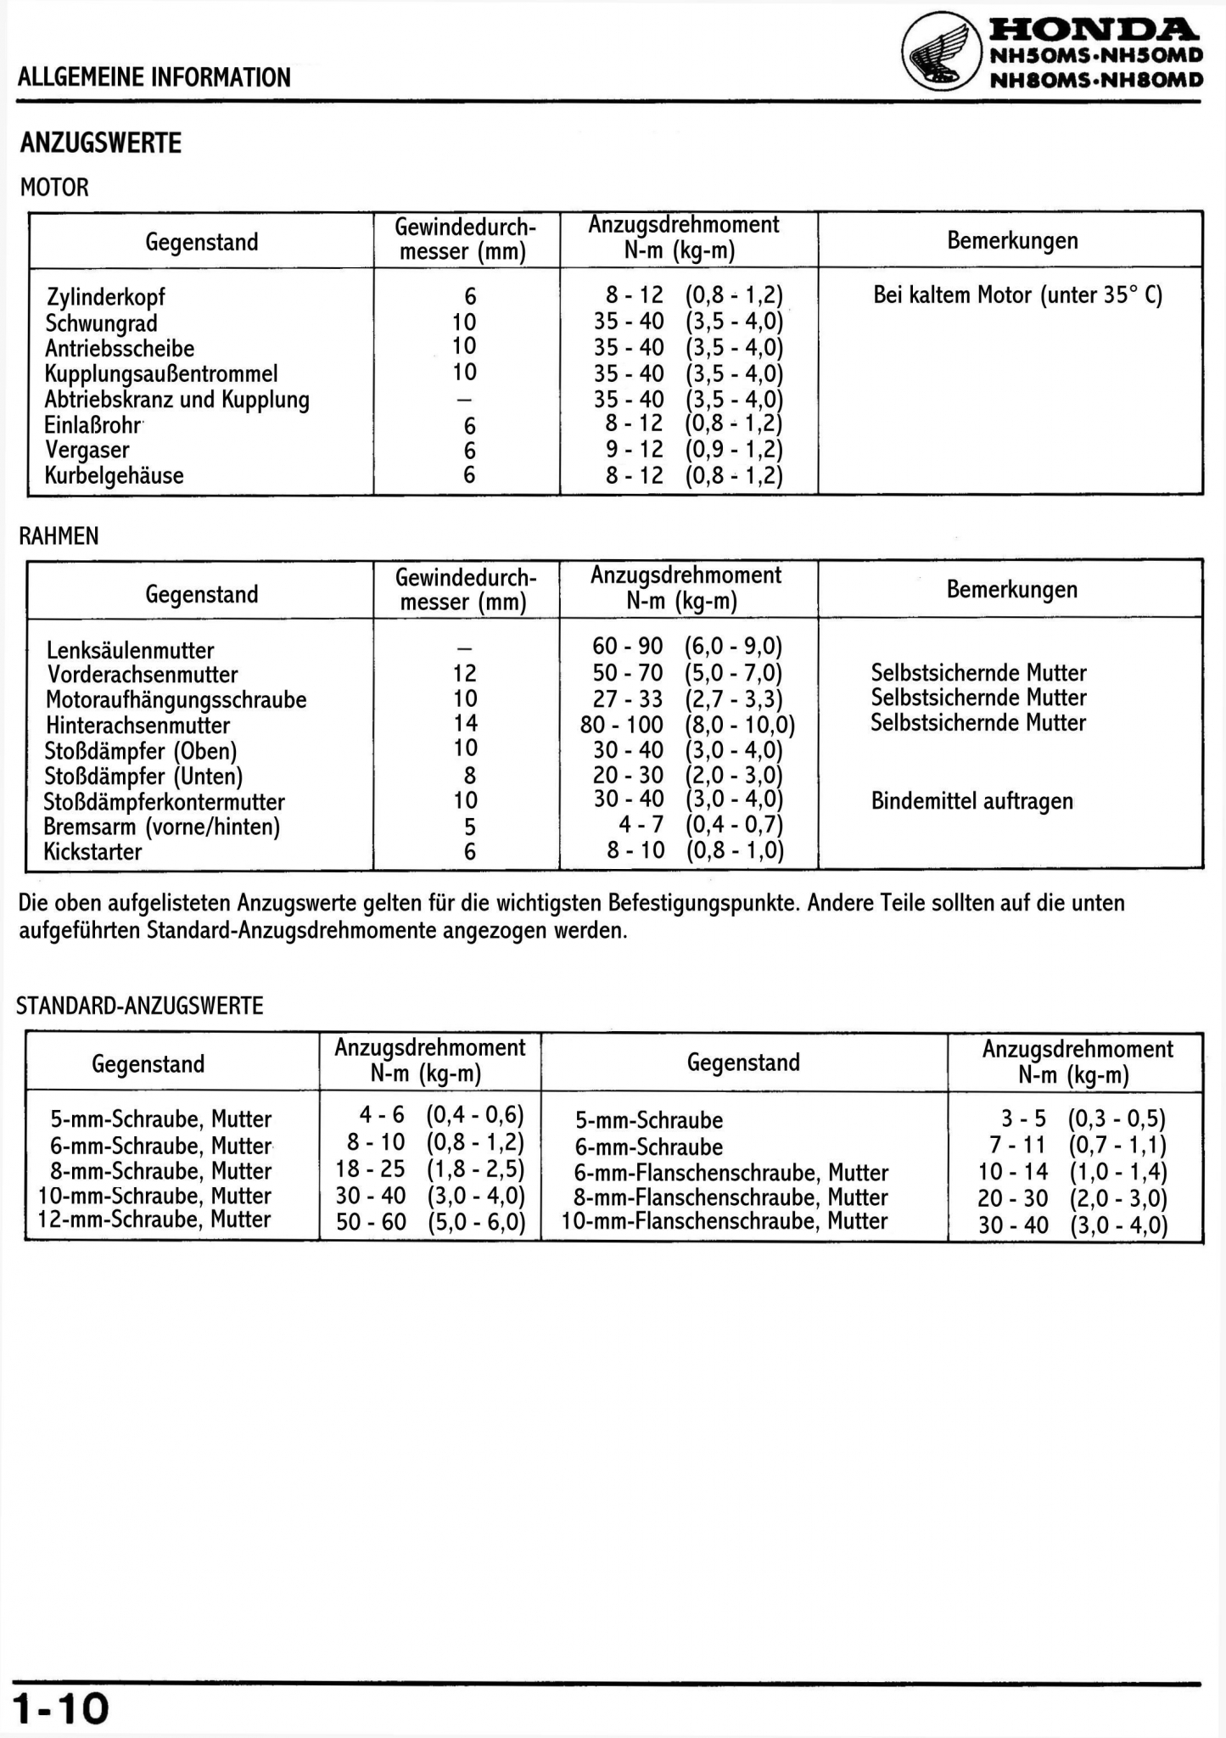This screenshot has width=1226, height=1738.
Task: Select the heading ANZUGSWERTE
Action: pyautogui.click(x=101, y=143)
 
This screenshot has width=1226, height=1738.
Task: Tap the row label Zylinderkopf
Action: pyautogui.click(x=106, y=297)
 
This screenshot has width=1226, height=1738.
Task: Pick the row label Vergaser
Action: pyautogui.click(x=87, y=450)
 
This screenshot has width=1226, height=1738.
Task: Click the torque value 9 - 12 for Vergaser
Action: pyautogui.click(x=635, y=450)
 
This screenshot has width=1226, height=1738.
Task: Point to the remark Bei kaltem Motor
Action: pyautogui.click(x=1017, y=295)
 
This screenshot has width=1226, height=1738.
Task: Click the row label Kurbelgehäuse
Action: pyautogui.click(x=115, y=475)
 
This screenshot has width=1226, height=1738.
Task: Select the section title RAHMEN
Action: pyautogui.click(x=59, y=535)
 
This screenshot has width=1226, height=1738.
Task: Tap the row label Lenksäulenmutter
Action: pyautogui.click(x=131, y=650)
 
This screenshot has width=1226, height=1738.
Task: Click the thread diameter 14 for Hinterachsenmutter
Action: pyautogui.click(x=466, y=723)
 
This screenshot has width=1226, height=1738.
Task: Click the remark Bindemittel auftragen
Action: pyautogui.click(x=971, y=801)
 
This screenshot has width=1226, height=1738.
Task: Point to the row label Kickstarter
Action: pyautogui.click(x=93, y=851)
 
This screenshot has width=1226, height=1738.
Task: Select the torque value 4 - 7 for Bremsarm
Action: pyautogui.click(x=641, y=825)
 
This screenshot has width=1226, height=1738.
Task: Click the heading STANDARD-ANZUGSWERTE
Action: pyautogui.click(x=140, y=1006)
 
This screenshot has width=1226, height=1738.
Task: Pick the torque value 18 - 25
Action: pyautogui.click(x=371, y=1169)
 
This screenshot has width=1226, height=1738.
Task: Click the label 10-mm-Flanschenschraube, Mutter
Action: pyautogui.click(x=725, y=1221)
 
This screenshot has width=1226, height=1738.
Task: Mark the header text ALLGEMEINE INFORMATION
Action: pyautogui.click(x=154, y=77)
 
